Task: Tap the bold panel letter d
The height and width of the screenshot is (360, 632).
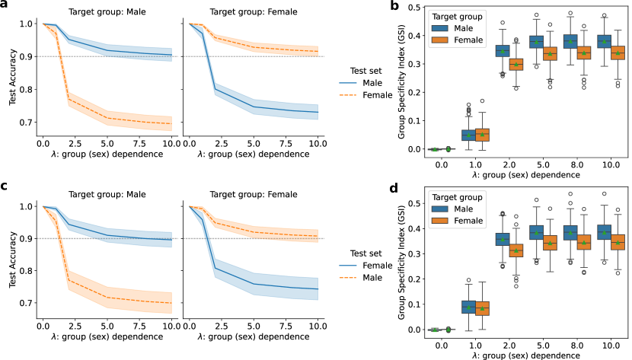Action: pos(395,188)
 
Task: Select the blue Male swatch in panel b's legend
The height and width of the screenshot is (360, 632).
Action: pos(441,28)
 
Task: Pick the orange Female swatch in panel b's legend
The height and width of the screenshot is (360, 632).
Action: pos(441,40)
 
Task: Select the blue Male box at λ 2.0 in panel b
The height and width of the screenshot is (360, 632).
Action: pos(503,51)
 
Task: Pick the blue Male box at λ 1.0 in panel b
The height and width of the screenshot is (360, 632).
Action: pos(468,135)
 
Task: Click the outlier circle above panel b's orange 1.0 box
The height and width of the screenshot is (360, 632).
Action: pos(481,100)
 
